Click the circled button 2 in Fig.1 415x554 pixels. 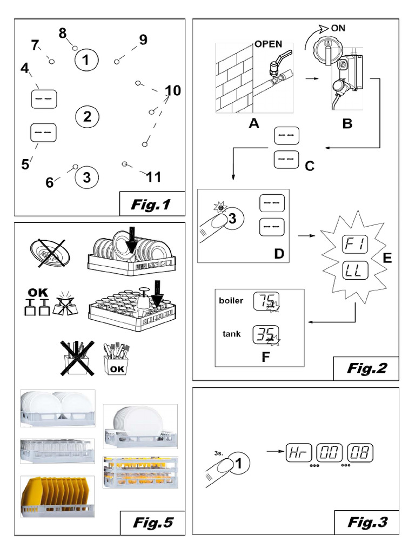[x=87, y=116]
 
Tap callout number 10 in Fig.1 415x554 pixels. [x=172, y=91]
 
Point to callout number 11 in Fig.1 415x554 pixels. [x=153, y=177]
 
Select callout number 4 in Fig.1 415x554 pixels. [x=24, y=69]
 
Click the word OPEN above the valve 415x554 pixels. [x=269, y=44]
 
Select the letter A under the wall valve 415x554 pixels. [x=254, y=123]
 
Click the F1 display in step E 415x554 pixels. [x=355, y=246]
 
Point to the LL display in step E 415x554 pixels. [x=355, y=269]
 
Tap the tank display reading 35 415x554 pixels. [x=266, y=335]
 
